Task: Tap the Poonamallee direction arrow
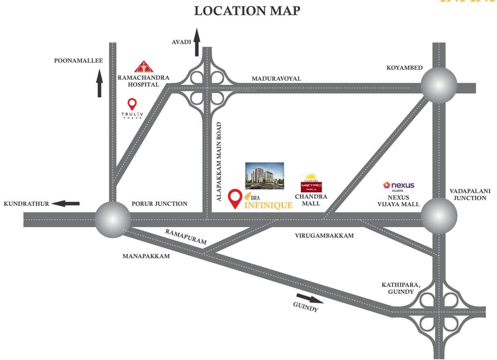99,83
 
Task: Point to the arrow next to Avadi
197,42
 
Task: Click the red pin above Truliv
133,104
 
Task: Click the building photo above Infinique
265,175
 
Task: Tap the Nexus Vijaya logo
399,186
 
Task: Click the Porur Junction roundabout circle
112,219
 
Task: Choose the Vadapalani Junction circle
438,216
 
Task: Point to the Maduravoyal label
276,78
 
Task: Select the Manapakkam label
146,256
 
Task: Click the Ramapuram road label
186,236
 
